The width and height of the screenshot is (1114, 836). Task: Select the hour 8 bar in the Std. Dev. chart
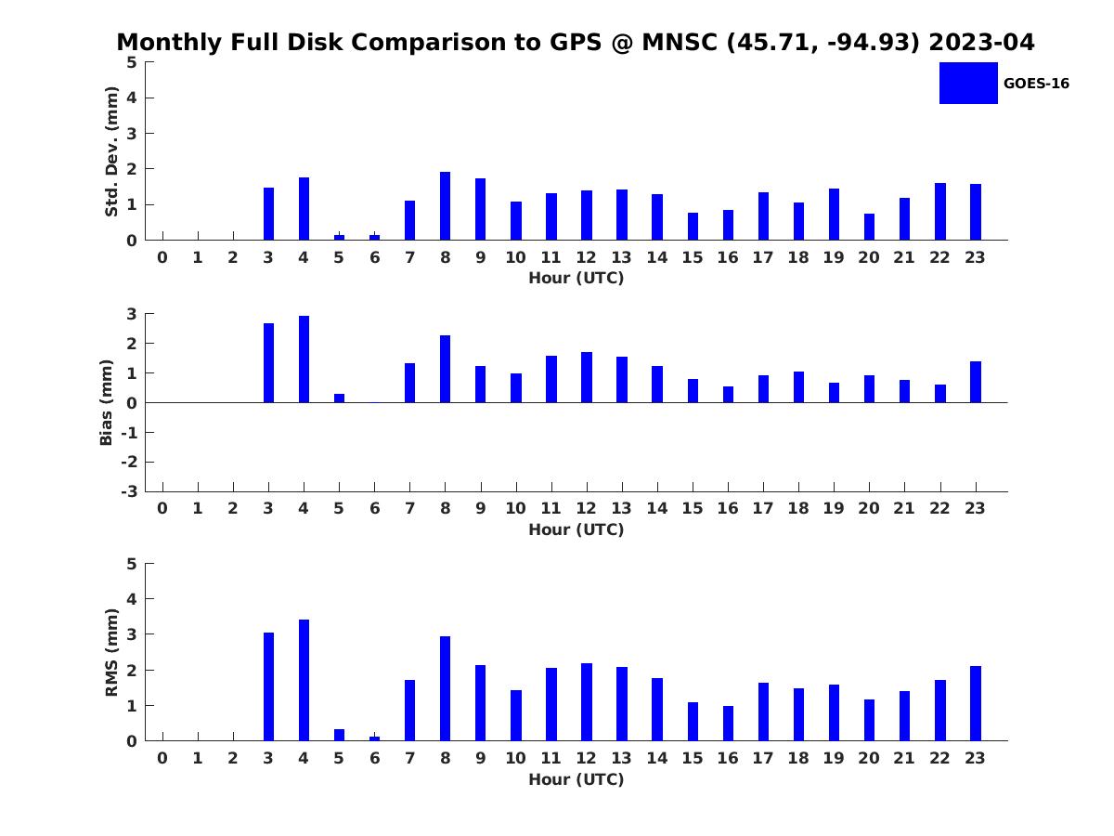pyautogui.click(x=445, y=206)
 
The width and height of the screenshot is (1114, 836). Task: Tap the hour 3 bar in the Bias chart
pyautogui.click(x=268, y=363)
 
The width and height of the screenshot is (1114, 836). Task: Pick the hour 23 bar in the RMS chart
pyautogui.click(x=976, y=703)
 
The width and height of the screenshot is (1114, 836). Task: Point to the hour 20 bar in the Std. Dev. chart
pyautogui.click(x=869, y=227)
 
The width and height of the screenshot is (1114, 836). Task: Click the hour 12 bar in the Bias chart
pyautogui.click(x=587, y=377)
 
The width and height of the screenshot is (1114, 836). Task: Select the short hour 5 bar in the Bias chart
pyautogui.click(x=339, y=398)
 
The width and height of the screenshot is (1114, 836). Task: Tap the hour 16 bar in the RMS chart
pyautogui.click(x=728, y=724)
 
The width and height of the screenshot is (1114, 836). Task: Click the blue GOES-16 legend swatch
pyautogui.click(x=967, y=84)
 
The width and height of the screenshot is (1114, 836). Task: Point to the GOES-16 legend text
pyautogui.click(x=1036, y=84)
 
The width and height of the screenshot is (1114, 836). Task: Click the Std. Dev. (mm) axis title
pyautogui.click(x=111, y=151)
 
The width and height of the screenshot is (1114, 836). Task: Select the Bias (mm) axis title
pyautogui.click(x=107, y=402)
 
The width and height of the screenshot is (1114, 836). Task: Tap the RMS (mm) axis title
pyautogui.click(x=111, y=652)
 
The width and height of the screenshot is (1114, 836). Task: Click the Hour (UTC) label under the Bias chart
pyautogui.click(x=576, y=530)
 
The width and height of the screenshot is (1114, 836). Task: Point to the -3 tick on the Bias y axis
pyautogui.click(x=132, y=491)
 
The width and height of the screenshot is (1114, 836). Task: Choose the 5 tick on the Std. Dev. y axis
pyautogui.click(x=133, y=62)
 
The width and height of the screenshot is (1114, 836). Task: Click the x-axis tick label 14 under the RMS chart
pyautogui.click(x=656, y=759)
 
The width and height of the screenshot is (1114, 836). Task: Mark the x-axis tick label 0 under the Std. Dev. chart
pyautogui.click(x=162, y=258)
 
